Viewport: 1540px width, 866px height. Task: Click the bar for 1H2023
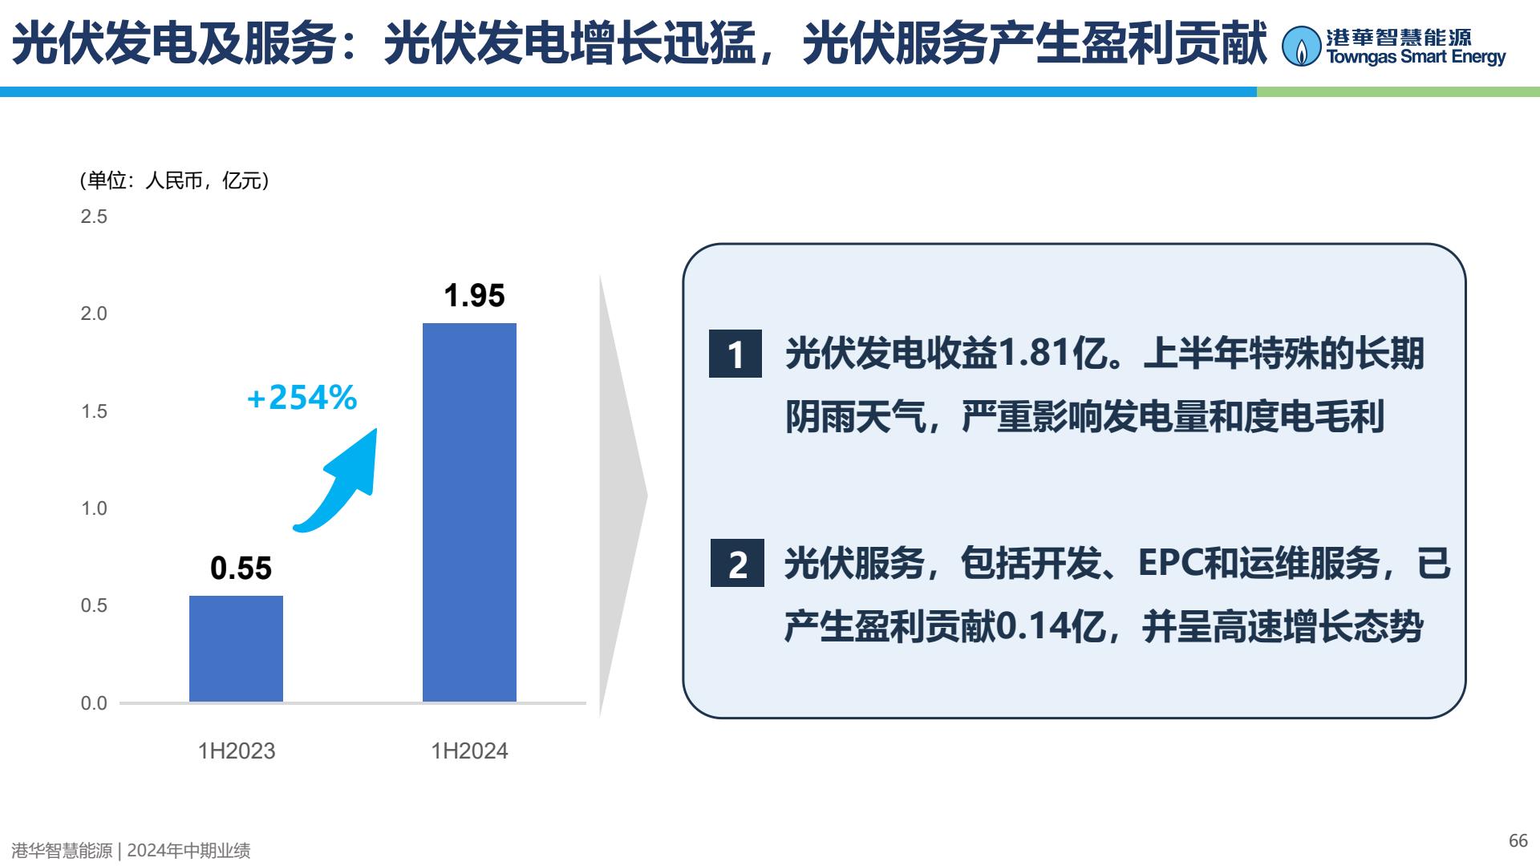tap(236, 649)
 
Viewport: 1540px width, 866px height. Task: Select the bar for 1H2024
tap(469, 512)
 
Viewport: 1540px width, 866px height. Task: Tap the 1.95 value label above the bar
tap(474, 296)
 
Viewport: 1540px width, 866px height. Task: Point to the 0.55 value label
tap(241, 569)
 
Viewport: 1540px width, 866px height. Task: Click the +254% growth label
tap(302, 398)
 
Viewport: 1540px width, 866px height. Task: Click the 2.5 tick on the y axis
tap(94, 216)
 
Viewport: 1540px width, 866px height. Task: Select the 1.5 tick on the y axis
tap(94, 411)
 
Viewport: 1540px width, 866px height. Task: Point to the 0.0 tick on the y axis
tap(94, 703)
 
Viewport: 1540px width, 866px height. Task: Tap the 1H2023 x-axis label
tap(237, 751)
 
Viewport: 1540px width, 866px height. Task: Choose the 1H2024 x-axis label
tap(469, 751)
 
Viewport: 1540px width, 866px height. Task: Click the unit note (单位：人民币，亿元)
tap(174, 181)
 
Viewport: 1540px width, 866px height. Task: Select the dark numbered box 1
tap(736, 354)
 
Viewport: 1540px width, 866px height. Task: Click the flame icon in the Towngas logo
tap(1301, 47)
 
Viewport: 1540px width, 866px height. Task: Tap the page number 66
tap(1518, 840)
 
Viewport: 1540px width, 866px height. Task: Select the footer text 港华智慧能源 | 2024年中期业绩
tap(131, 851)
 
